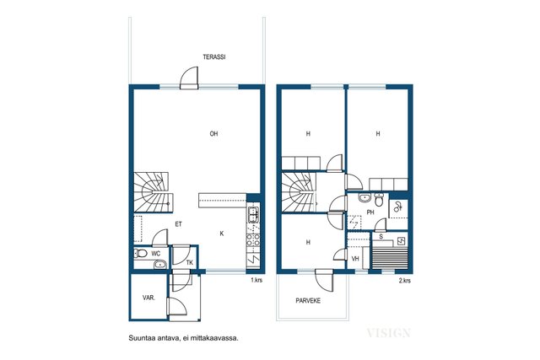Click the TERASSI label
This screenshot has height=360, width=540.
pyautogui.click(x=213, y=57)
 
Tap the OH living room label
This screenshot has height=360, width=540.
pyautogui.click(x=213, y=133)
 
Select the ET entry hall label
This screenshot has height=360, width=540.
pyautogui.click(x=178, y=224)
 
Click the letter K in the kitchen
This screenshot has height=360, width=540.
pyautogui.click(x=222, y=234)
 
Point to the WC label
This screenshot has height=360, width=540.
pyautogui.click(x=155, y=254)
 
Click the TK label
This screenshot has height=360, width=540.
pyautogui.click(x=189, y=262)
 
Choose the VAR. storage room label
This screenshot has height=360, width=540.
pyautogui.click(x=148, y=298)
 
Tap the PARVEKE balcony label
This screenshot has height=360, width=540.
pyautogui.click(x=308, y=301)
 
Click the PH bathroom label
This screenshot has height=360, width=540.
pyautogui.click(x=370, y=212)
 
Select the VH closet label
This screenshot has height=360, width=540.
pyautogui.click(x=355, y=259)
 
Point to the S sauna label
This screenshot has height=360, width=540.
pyautogui.click(x=381, y=237)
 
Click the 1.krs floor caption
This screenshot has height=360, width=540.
pyautogui.click(x=256, y=280)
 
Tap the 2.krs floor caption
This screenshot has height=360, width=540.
pyautogui.click(x=405, y=281)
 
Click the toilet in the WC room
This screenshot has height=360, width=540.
pyautogui.click(x=140, y=254)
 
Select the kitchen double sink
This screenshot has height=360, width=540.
pyautogui.click(x=253, y=214)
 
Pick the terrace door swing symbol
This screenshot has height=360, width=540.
pyautogui.click(x=189, y=78)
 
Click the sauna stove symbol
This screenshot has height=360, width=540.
pyautogui.click(x=402, y=241)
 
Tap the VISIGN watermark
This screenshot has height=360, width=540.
pyautogui.click(x=388, y=333)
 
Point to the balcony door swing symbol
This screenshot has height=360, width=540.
pyautogui.click(x=324, y=281)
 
